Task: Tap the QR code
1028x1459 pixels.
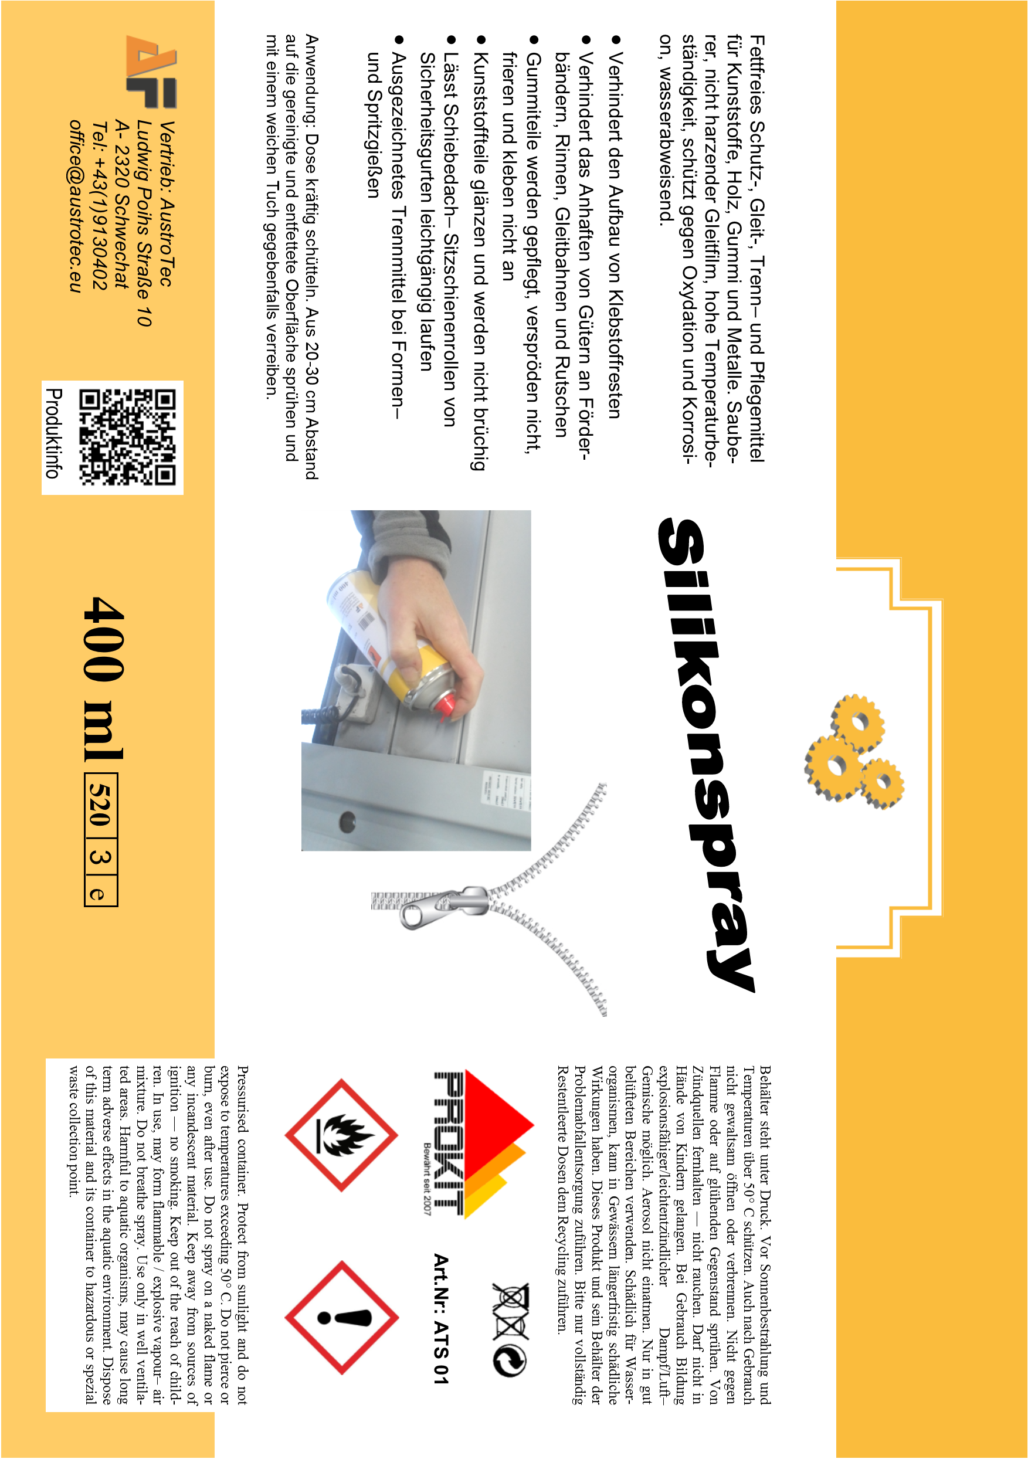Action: tap(127, 437)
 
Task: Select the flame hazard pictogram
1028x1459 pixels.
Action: tap(341, 1135)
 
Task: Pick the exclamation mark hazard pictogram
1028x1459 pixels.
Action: tap(342, 1317)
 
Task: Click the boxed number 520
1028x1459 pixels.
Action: tap(100, 803)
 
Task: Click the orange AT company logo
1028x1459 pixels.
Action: tap(151, 71)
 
